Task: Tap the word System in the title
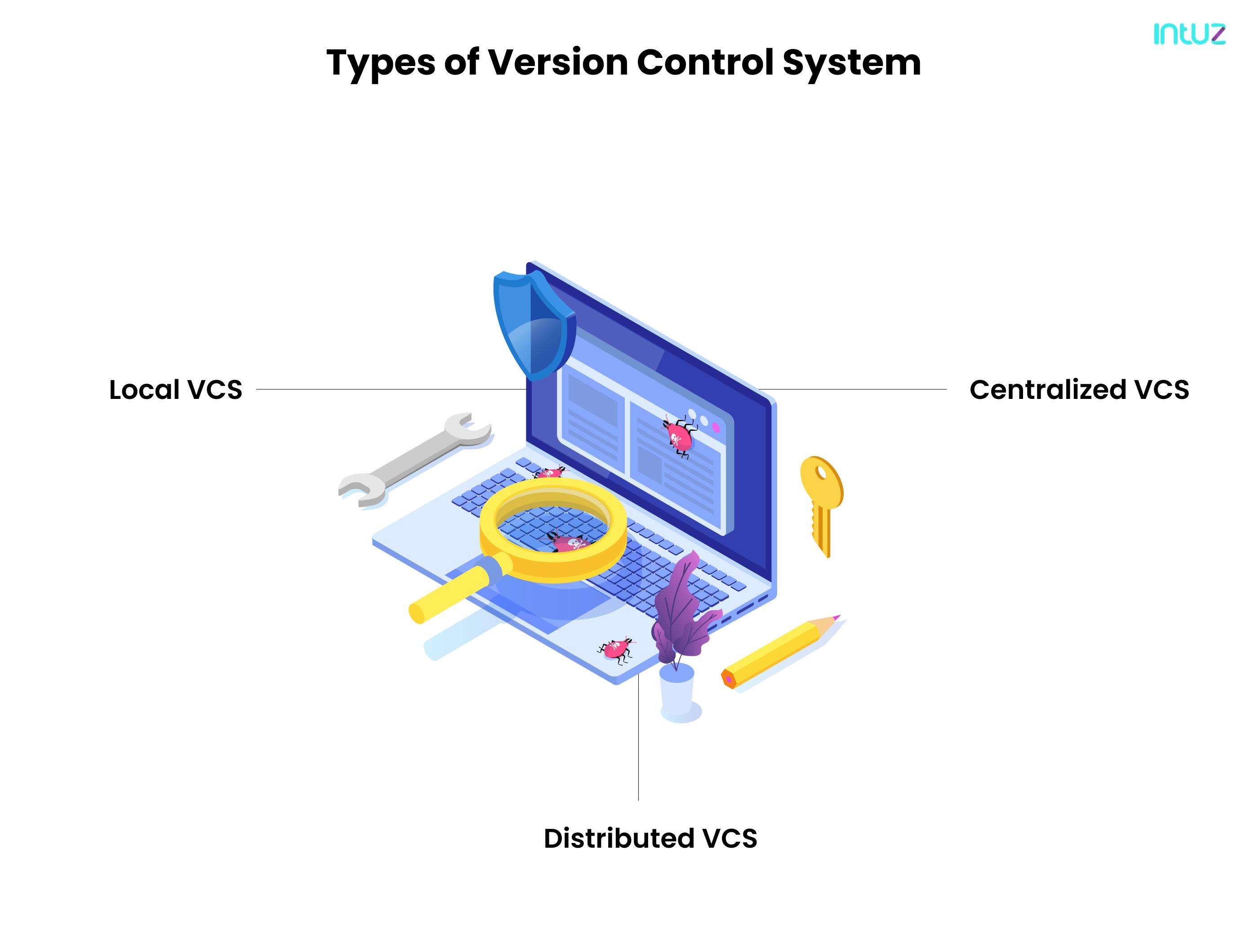(851, 63)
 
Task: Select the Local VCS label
(175, 389)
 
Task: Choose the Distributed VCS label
(650, 838)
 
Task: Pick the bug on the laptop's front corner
(617, 648)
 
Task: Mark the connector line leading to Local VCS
(392, 389)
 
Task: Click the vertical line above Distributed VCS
(638, 737)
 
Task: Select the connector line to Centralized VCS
(851, 389)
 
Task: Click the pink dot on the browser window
(716, 428)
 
